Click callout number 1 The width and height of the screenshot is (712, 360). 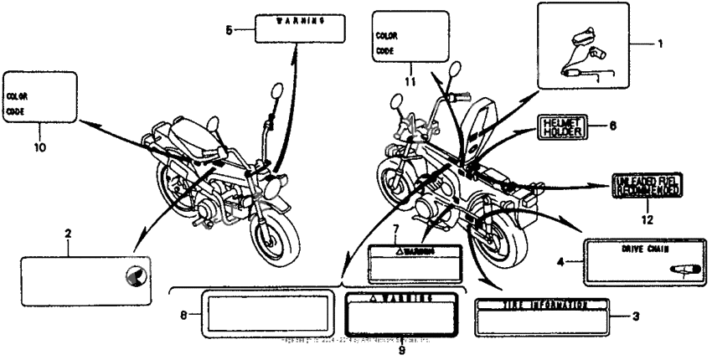pos(660,44)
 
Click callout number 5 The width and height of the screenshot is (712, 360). pos(230,29)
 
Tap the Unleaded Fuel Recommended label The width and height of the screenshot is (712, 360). pos(648,186)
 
